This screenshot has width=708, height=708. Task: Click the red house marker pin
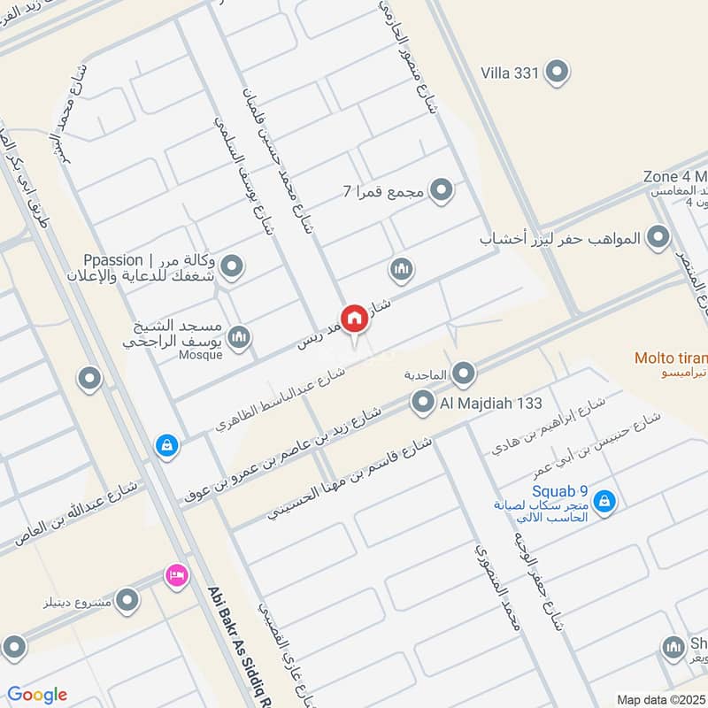tap(355, 318)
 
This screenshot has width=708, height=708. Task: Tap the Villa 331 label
tap(510, 73)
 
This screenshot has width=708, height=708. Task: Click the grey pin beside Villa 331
tap(557, 73)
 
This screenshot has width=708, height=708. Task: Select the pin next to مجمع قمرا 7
tap(441, 189)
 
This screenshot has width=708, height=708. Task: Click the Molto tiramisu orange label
tap(671, 358)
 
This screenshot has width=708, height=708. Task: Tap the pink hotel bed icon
tap(177, 576)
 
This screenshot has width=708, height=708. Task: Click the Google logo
tap(37, 695)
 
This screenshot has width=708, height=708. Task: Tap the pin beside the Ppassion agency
tap(232, 265)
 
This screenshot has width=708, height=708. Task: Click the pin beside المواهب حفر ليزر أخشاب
tap(658, 237)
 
